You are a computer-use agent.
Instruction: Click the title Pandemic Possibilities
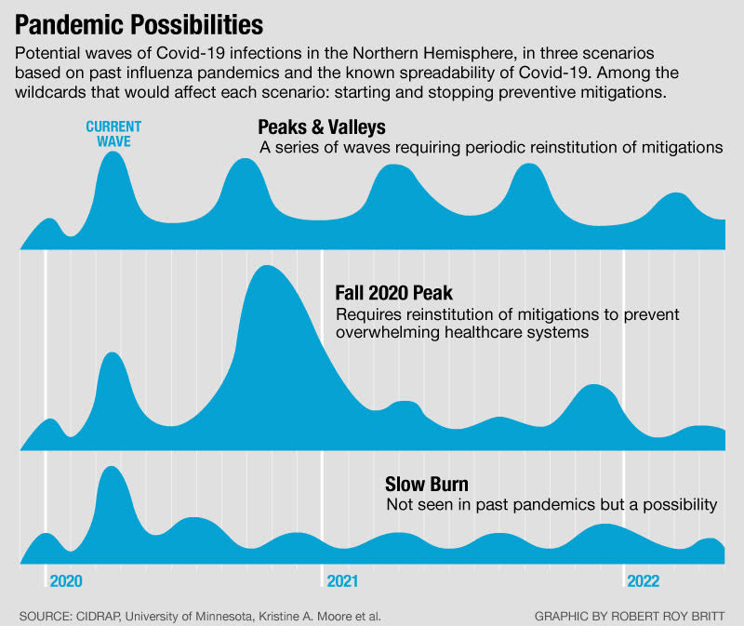pyautogui.click(x=139, y=21)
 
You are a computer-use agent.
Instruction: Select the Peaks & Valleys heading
pyautogui.click(x=322, y=126)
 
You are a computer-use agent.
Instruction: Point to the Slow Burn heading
pyautogui.click(x=426, y=484)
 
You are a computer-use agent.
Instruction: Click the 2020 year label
pyautogui.click(x=66, y=581)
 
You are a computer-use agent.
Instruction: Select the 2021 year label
pyautogui.click(x=342, y=581)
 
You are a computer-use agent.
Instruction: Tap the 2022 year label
pyautogui.click(x=643, y=581)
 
